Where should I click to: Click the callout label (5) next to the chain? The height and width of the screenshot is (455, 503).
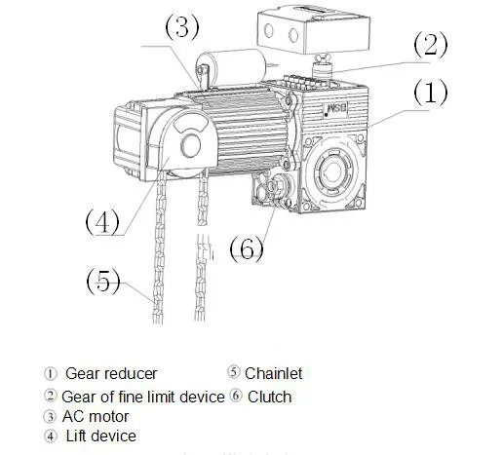click(102, 283)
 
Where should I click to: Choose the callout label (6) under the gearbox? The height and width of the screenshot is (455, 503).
click(247, 248)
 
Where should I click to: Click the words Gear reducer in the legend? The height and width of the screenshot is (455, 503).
click(111, 373)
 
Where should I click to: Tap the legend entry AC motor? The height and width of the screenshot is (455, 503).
click(95, 416)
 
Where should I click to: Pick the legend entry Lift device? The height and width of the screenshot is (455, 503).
click(100, 436)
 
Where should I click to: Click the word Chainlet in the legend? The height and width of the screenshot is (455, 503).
click(274, 373)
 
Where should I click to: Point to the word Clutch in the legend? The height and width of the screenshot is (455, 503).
click(269, 397)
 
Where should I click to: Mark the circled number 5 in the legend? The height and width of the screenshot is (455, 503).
click(234, 373)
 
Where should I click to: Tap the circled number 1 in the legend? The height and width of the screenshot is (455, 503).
click(51, 373)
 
